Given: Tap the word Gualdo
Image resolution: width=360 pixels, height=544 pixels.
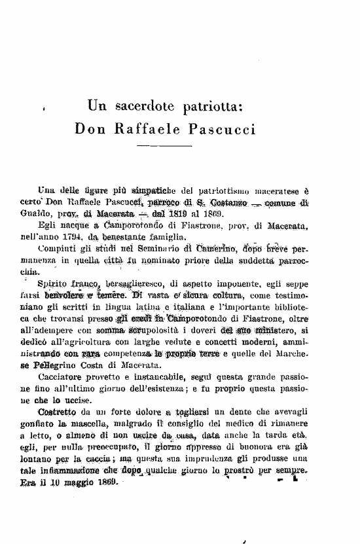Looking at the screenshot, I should point(35,214).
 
